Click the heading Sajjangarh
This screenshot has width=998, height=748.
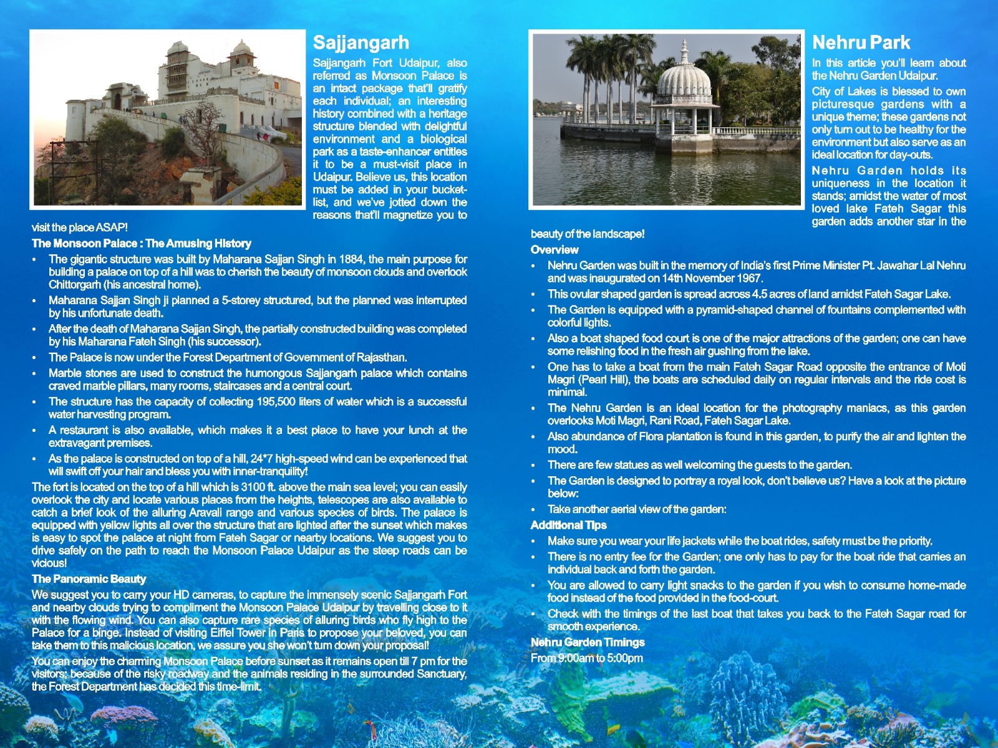pos(361,42)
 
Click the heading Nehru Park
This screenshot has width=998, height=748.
pos(861,42)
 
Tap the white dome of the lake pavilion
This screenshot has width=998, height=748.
pos(684,81)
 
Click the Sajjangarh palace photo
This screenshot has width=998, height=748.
pos(167,118)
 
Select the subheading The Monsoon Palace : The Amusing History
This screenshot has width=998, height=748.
pos(142,244)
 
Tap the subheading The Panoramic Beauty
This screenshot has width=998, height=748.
pos(89,579)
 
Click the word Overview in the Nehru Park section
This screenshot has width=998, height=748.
pos(555,250)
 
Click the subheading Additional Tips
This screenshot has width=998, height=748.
pos(568,525)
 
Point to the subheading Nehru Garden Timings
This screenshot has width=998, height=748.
pos(588,643)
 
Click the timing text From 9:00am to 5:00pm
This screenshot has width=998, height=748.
pos(586,658)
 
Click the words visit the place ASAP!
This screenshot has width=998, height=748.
pos(80,228)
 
